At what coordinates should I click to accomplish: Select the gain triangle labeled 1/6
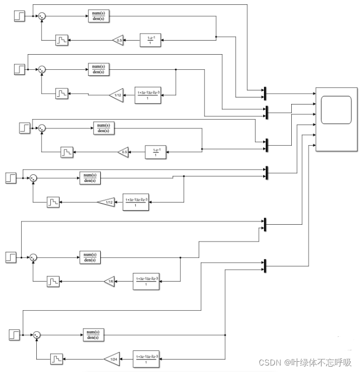[x=110, y=281]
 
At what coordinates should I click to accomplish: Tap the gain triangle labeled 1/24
[x=113, y=358]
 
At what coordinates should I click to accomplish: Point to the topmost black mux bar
[x=265, y=93]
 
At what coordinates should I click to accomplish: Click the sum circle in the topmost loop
[x=42, y=17]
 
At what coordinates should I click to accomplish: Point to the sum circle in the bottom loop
[x=36, y=335]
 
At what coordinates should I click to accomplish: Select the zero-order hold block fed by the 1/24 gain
[x=57, y=358]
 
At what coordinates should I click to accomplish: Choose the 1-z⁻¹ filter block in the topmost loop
[x=151, y=40]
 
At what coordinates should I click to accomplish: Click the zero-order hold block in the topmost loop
[x=62, y=40]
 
